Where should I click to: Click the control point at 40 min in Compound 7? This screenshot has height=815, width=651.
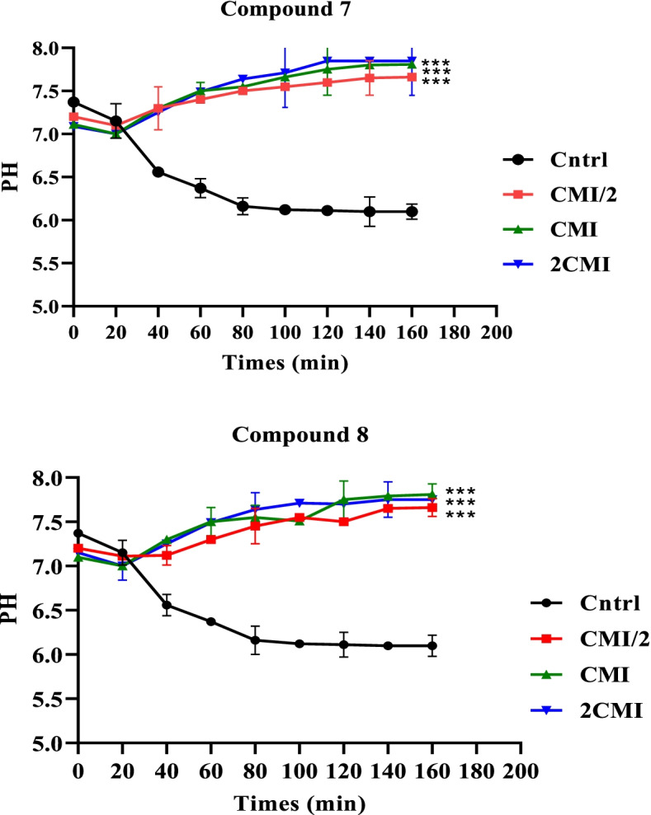pyautogui.click(x=158, y=171)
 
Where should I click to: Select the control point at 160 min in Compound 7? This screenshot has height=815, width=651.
pyautogui.click(x=411, y=212)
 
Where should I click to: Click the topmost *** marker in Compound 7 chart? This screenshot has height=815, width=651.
pyautogui.click(x=435, y=63)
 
